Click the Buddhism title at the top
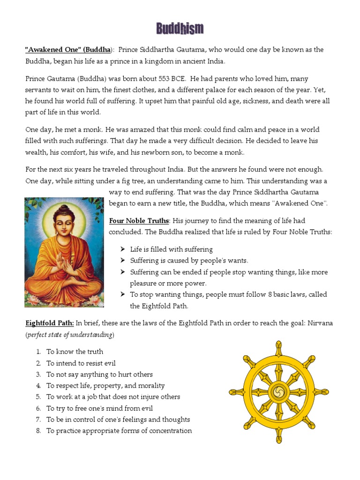pos(180,29)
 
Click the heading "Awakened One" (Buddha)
pos(68,50)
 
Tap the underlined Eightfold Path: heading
pos(49,323)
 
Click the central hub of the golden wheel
pos(278,391)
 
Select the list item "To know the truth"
pos(75,352)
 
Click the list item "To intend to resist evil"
pos(81,363)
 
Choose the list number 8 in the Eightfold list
pos(38,431)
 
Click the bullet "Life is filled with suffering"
pos(171,249)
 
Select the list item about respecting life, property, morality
pos(105,385)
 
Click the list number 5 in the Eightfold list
pos(38,397)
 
